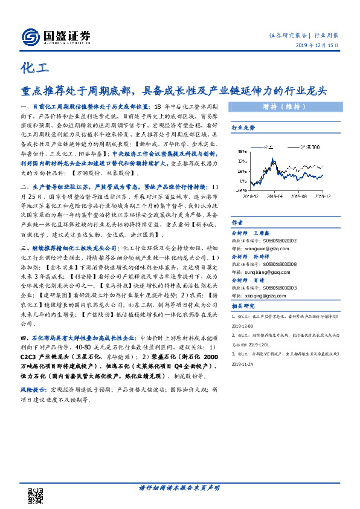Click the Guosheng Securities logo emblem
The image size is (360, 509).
30,37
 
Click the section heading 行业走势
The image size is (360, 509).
243,128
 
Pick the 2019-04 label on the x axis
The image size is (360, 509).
276,195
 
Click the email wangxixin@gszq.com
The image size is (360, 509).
261,247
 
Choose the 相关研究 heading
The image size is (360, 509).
243,306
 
